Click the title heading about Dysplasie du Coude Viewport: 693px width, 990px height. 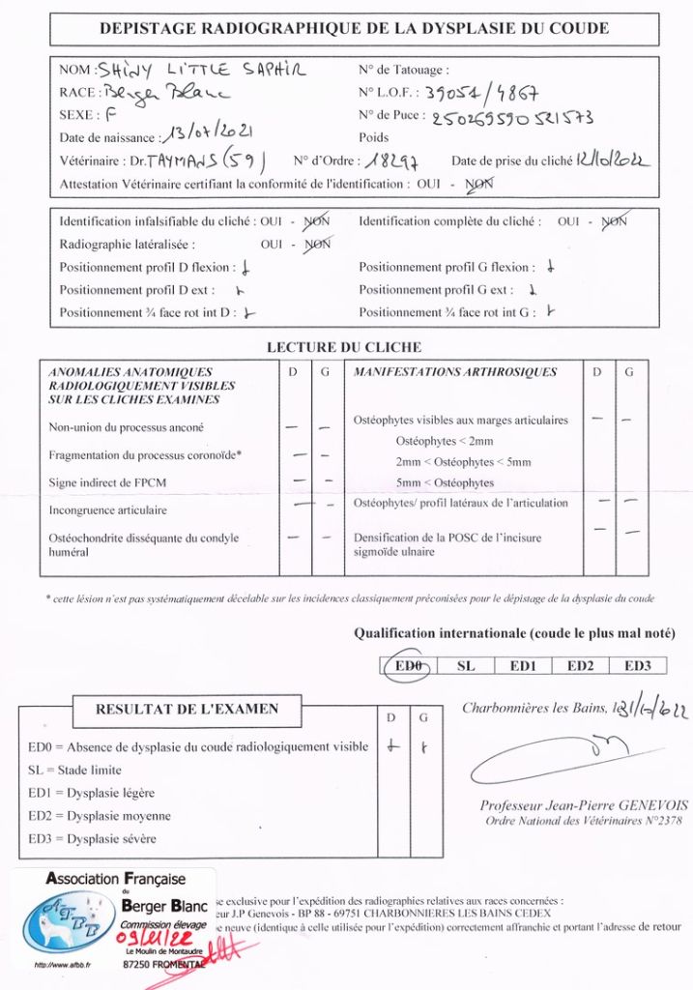tap(354, 28)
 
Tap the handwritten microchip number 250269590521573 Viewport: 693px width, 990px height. tap(511, 118)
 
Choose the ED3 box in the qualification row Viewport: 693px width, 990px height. tap(638, 665)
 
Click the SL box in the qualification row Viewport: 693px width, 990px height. tap(466, 665)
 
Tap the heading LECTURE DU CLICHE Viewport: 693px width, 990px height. tap(343, 347)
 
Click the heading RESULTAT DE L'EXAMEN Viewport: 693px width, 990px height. tap(187, 709)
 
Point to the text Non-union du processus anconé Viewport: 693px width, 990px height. tap(127, 426)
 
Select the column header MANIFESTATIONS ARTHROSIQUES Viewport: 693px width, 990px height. tap(455, 371)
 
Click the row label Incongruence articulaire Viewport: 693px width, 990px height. tap(108, 510)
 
